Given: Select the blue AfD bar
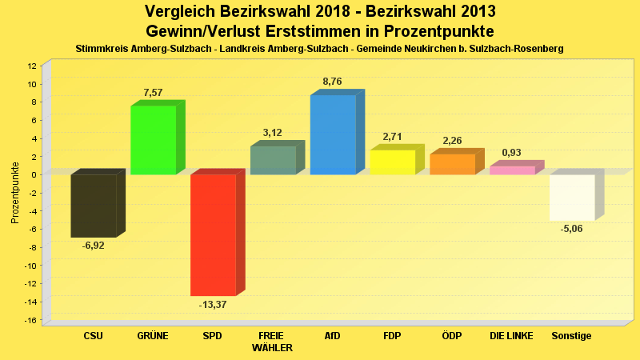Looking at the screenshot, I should (333, 134).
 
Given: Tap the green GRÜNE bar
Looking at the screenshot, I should (153, 140).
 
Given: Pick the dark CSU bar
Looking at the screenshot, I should (93, 206).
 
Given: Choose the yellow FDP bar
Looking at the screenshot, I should (392, 162).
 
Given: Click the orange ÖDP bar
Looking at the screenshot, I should (452, 164).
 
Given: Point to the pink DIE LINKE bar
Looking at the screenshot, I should (512, 170).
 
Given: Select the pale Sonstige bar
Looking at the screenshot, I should (572, 197).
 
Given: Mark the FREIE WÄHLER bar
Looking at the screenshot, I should (273, 160).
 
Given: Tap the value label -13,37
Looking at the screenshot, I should (213, 304).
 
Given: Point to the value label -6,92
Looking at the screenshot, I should (93, 245).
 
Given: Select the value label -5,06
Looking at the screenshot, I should (572, 228).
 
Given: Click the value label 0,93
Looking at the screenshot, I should (512, 153).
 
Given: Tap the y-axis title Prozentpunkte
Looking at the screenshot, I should (15, 193).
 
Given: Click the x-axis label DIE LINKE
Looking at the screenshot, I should (511, 336).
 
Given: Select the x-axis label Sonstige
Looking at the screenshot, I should (572, 336).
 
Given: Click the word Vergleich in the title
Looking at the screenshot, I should (180, 12).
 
